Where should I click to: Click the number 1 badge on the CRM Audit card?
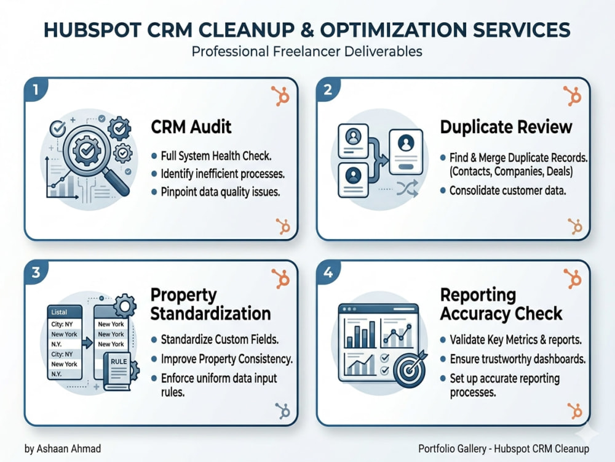(36, 89)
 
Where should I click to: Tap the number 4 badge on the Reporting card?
(328, 272)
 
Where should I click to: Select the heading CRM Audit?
(191, 127)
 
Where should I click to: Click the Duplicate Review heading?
(506, 127)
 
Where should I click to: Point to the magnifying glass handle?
(117, 182)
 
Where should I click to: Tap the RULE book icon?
(117, 371)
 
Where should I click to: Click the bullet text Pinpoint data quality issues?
(220, 192)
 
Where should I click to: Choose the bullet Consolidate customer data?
(507, 190)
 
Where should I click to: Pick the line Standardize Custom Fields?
(220, 339)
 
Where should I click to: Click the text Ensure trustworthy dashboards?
(517, 359)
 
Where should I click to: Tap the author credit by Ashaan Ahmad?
(63, 448)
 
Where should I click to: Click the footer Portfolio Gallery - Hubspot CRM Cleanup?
(504, 448)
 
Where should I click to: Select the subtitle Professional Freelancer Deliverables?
(307, 52)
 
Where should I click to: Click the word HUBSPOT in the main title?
(92, 30)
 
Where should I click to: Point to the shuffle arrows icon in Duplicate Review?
(407, 189)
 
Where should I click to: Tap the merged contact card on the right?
(406, 152)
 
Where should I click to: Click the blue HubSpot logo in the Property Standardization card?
(282, 411)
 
